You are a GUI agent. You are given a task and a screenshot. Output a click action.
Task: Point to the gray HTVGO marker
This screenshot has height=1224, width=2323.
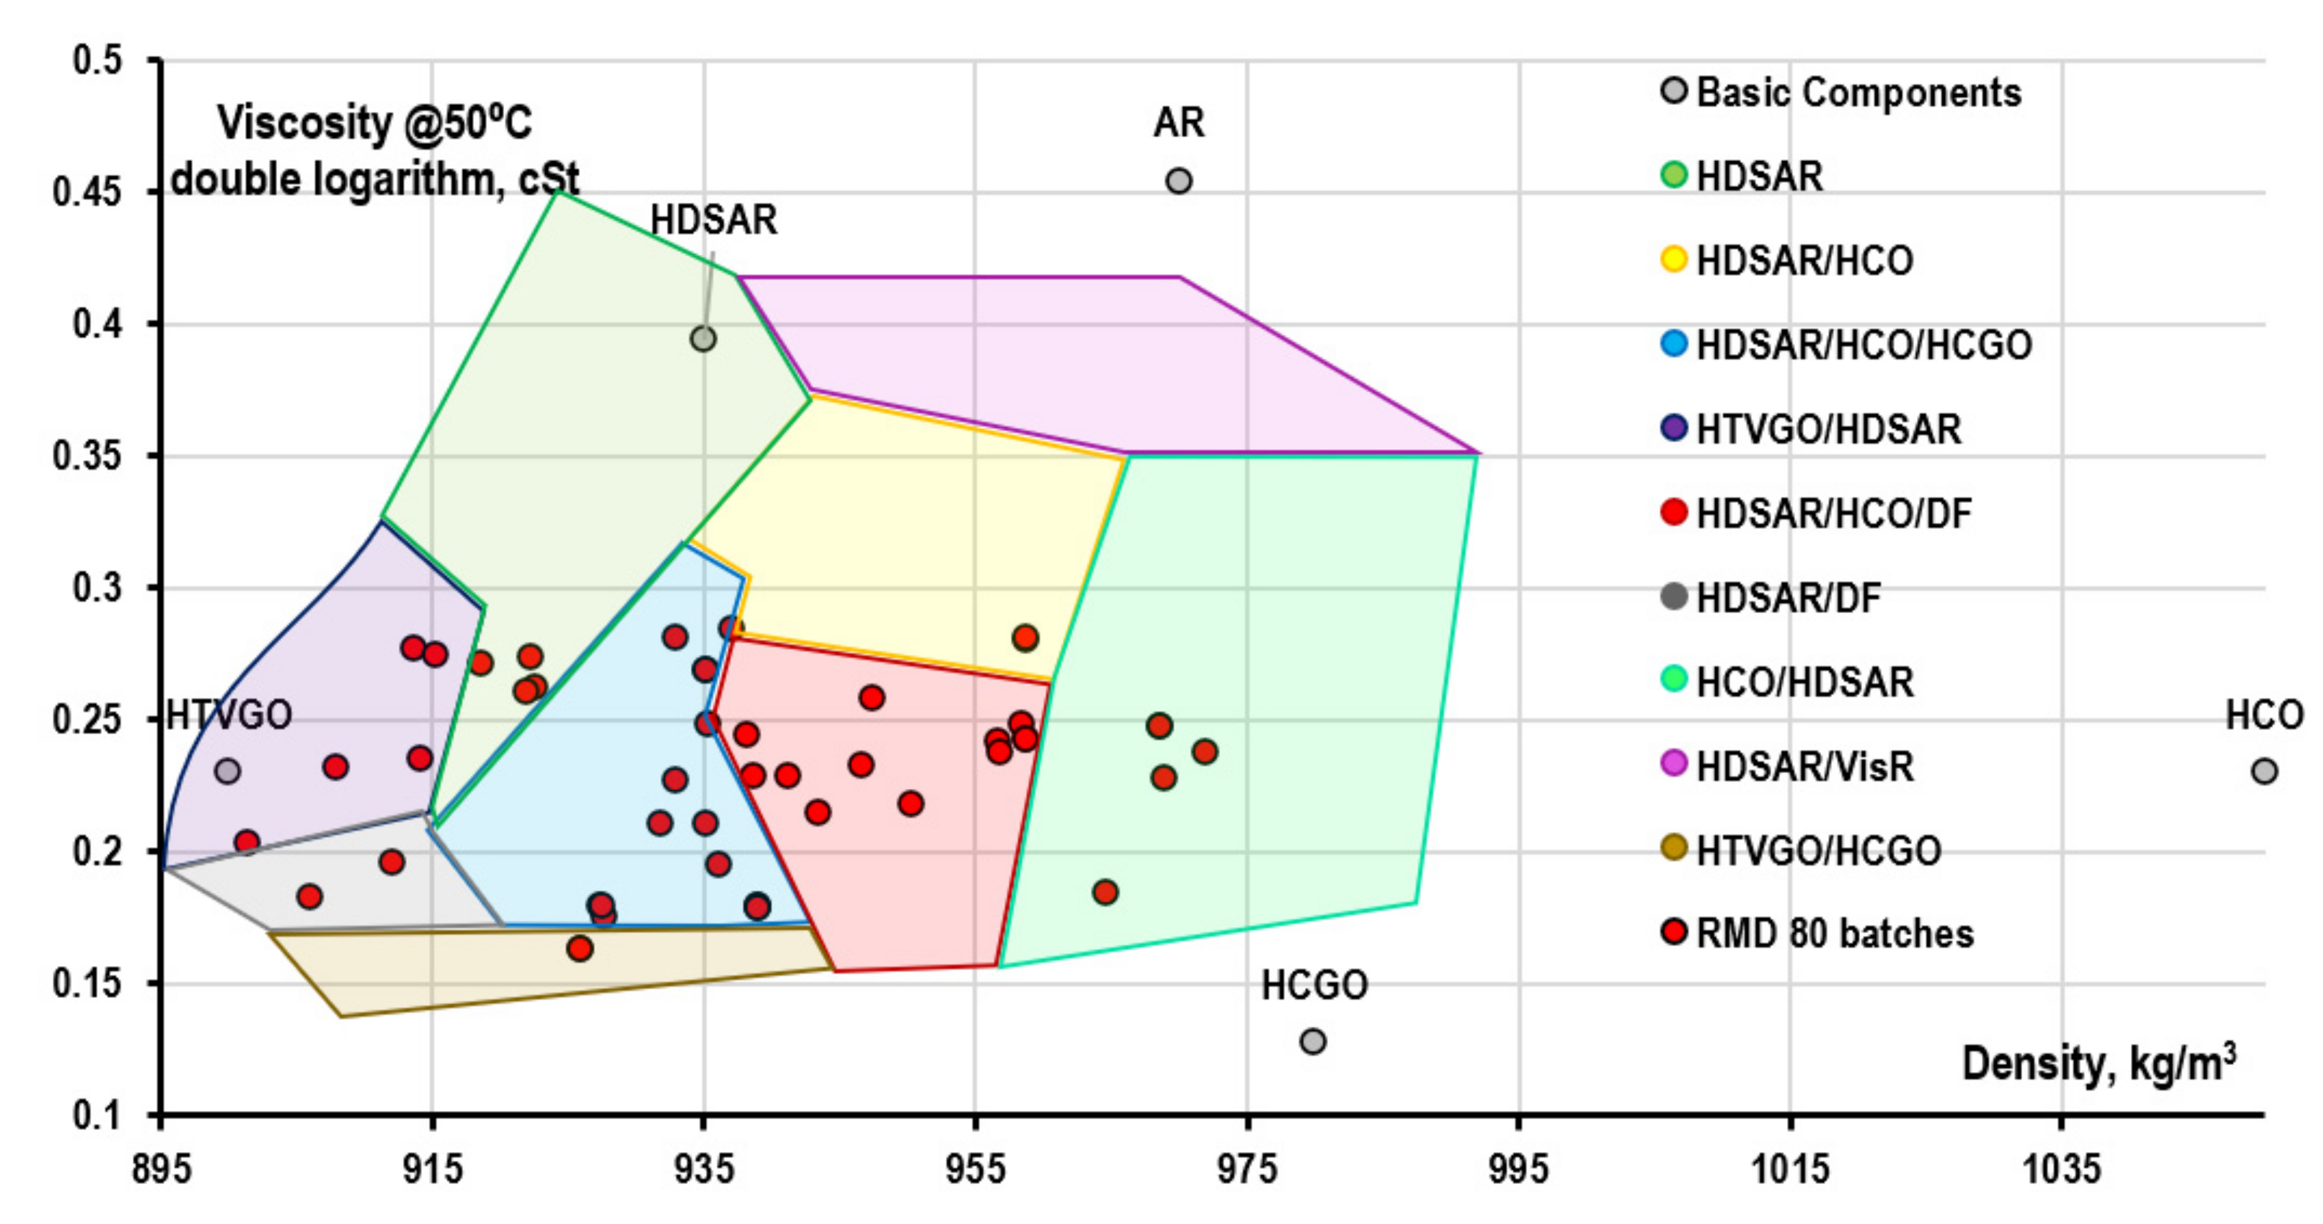pyautogui.click(x=227, y=771)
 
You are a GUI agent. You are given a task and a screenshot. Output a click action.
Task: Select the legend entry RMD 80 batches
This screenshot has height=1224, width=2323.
pyautogui.click(x=1833, y=934)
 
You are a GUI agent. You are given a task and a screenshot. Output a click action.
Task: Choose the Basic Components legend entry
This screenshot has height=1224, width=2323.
pyautogui.click(x=1858, y=93)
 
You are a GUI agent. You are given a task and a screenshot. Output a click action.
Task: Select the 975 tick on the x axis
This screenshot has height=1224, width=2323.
pyautogui.click(x=1247, y=1170)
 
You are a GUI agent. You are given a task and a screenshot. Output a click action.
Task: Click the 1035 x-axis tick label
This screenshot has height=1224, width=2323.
pyautogui.click(x=2062, y=1170)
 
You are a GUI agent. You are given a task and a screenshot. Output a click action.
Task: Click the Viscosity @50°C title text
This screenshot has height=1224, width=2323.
pyautogui.click(x=374, y=123)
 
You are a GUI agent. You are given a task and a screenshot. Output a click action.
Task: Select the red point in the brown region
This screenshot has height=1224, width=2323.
pyautogui.click(x=580, y=948)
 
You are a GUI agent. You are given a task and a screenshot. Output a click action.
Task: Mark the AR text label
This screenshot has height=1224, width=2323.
pyautogui.click(x=1178, y=123)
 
